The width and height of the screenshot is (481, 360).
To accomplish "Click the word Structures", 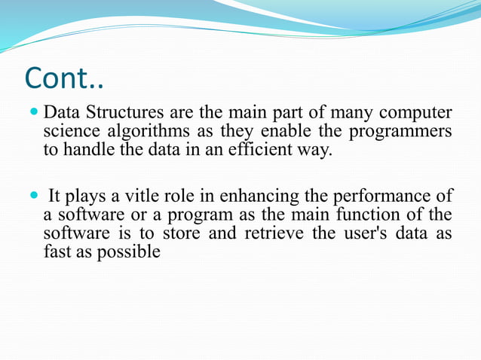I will click(x=115, y=114).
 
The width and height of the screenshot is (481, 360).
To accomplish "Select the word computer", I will click(x=416, y=114).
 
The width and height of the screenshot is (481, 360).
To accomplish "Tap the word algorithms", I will click(x=133, y=132).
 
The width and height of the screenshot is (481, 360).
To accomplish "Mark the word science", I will click(x=69, y=132).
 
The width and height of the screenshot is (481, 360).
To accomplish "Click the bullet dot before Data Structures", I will click(x=33, y=114).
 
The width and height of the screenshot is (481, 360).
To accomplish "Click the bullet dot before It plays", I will click(x=33, y=197).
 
